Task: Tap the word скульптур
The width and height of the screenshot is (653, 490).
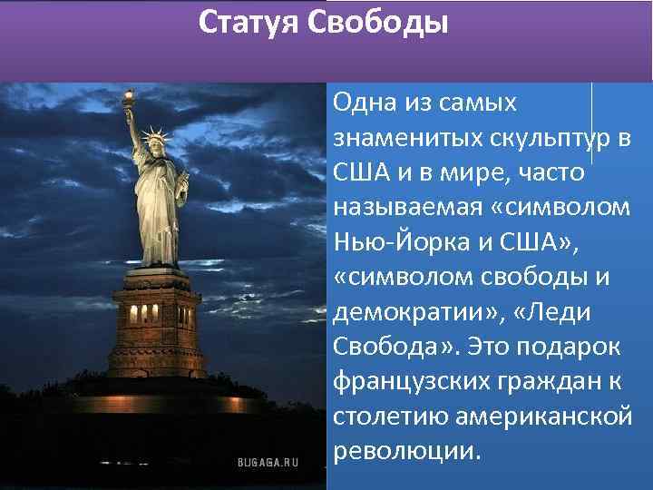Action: [x=533, y=137]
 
